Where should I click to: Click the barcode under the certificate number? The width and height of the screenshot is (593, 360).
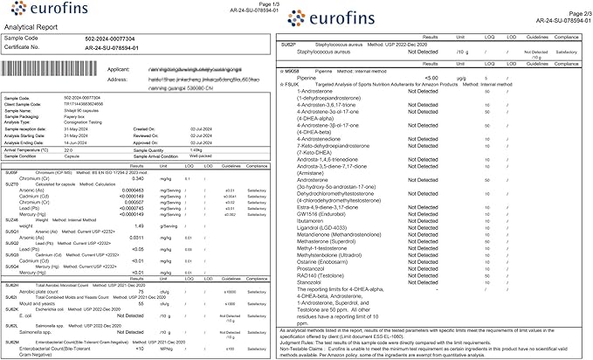pyautogui.click(x=52, y=73)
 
